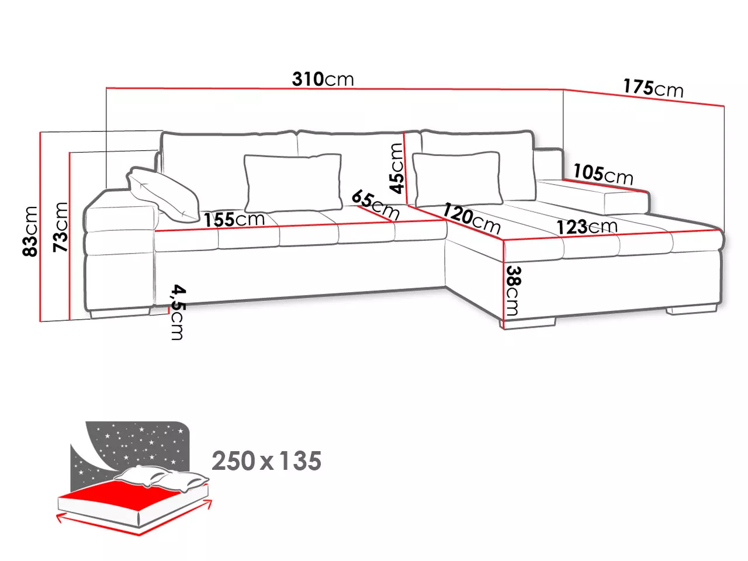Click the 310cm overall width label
coord(323,79)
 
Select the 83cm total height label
coord(30,231)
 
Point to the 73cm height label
coord(61,227)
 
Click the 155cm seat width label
coord(234,219)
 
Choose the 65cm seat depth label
coord(375,205)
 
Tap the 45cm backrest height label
coord(397,168)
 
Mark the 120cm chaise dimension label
coord(471,218)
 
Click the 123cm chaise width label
coord(587,227)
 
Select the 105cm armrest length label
coord(603,174)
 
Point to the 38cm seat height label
coord(513,290)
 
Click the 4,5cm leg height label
coord(178,312)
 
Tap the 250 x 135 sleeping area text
coord(266,461)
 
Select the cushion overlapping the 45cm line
coord(458,179)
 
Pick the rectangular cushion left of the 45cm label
coord(293,183)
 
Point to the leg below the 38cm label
coord(529,323)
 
